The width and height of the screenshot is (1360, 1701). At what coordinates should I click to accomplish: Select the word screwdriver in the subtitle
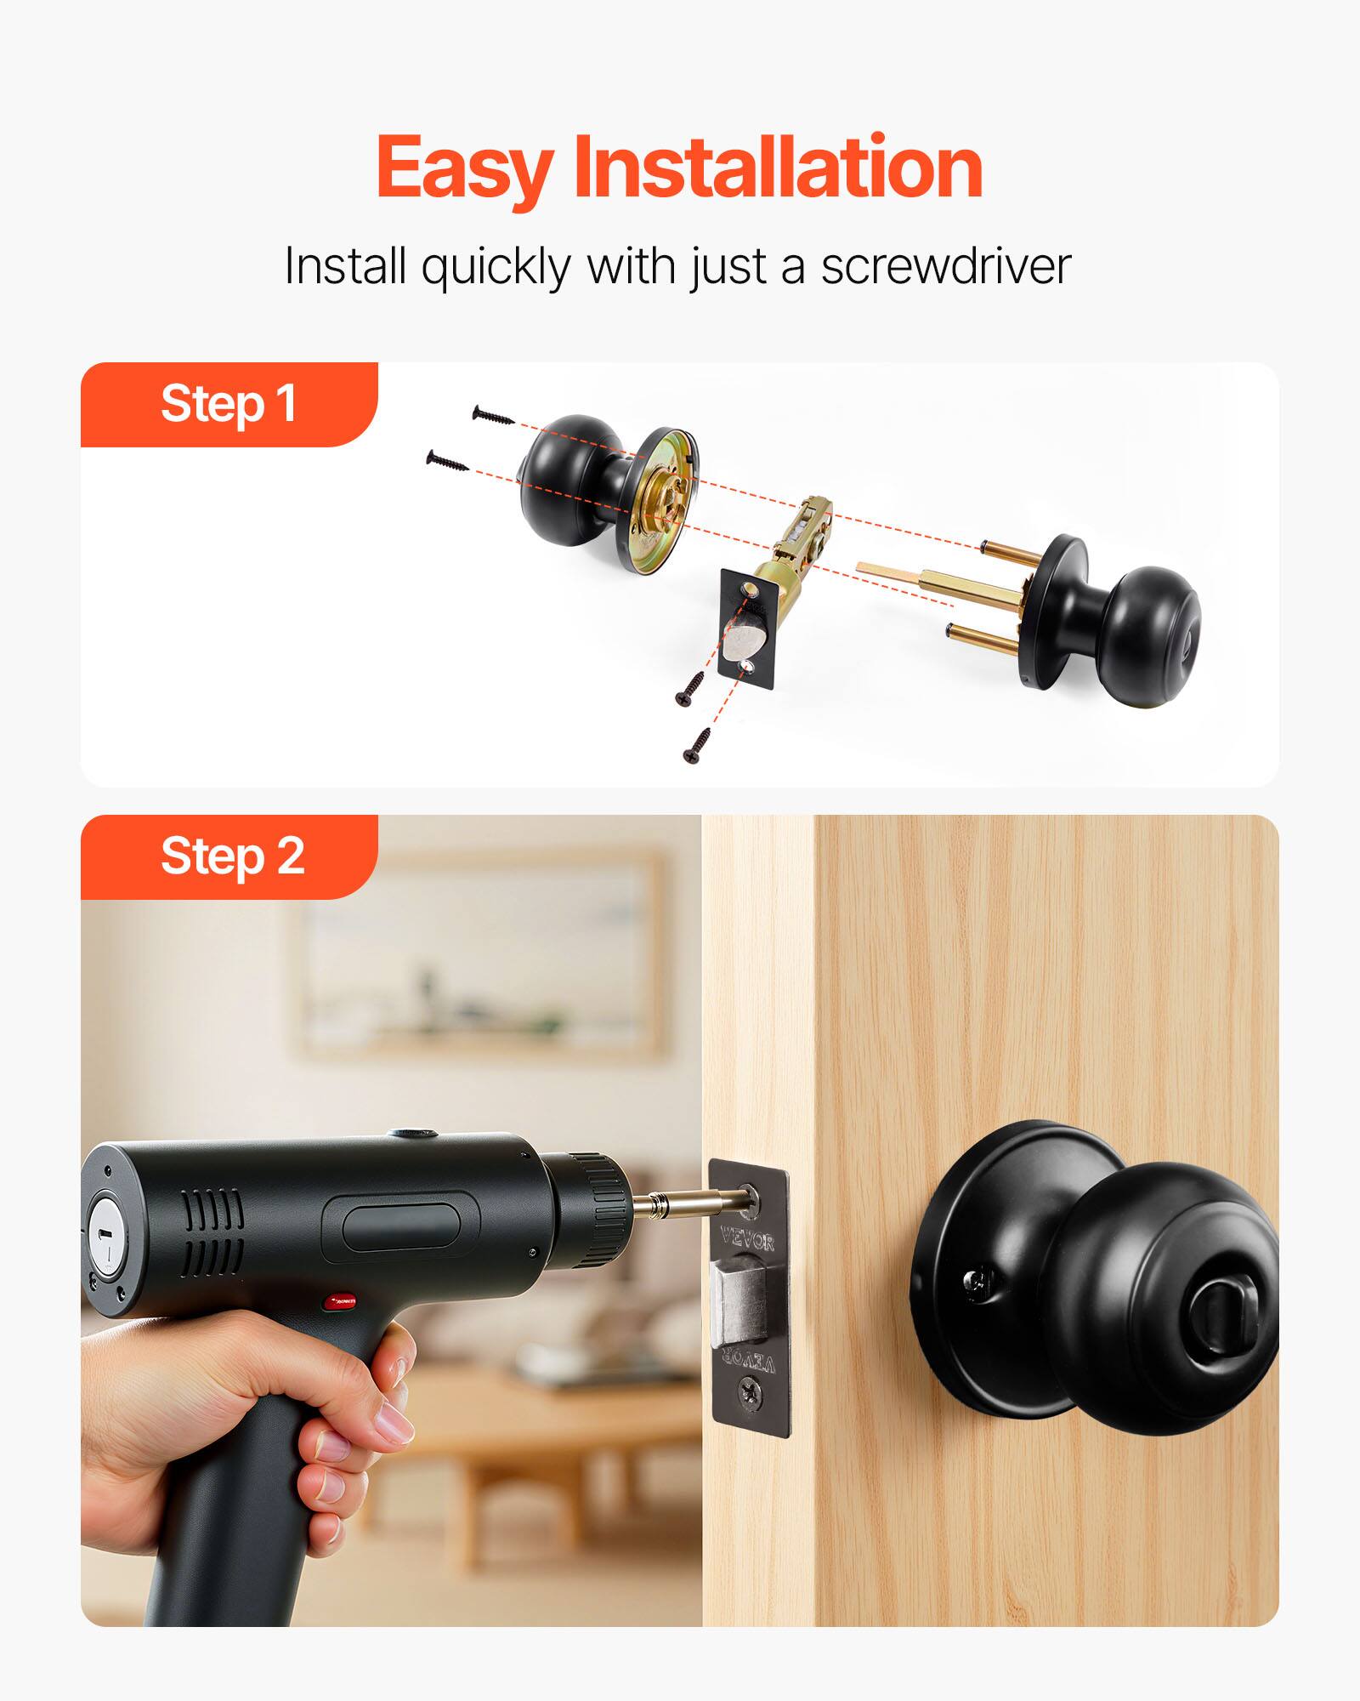pos(944,266)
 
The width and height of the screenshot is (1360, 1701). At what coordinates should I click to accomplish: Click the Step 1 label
pos(228,403)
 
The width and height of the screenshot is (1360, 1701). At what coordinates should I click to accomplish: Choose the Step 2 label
pos(231,856)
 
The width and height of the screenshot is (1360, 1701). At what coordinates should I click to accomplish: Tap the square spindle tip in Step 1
pos(875,568)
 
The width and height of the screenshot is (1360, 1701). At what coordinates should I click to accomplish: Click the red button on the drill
pos(340,1325)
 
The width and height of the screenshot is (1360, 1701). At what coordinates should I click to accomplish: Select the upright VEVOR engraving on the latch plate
pos(748,1241)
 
